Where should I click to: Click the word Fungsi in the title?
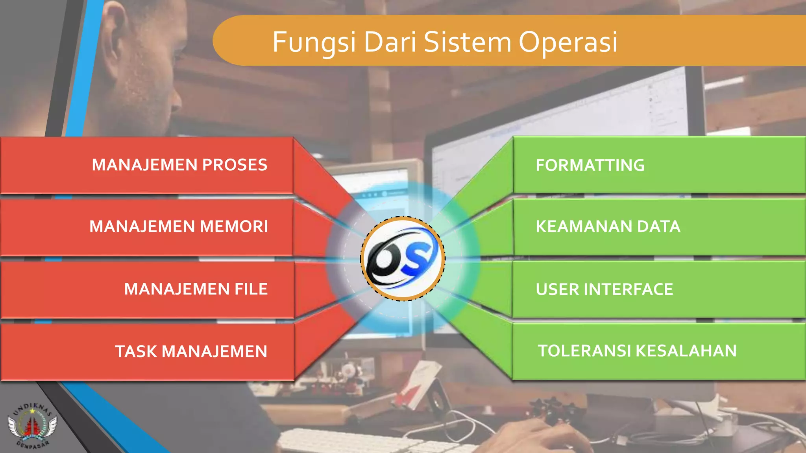[x=314, y=42]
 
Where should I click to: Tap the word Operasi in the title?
[x=568, y=42]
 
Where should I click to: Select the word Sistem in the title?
[x=468, y=42]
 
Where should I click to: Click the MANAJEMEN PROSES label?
[x=179, y=165]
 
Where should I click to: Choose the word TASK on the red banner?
[x=135, y=352]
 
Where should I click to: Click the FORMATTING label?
[x=590, y=165]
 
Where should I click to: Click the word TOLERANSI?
[x=584, y=351]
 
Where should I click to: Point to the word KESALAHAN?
[x=686, y=351]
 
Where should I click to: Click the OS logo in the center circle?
[x=403, y=259]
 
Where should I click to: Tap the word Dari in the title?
[x=390, y=42]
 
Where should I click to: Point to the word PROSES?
[x=235, y=165]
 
